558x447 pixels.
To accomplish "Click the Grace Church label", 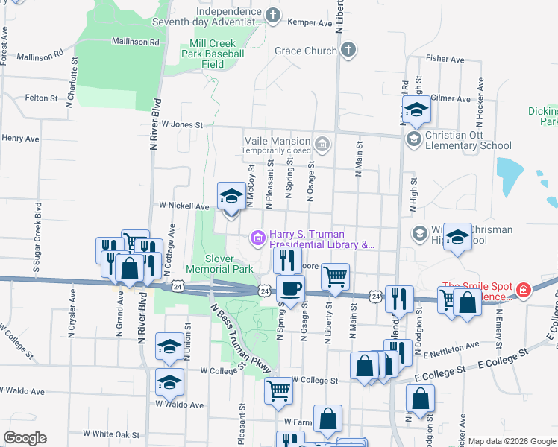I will [x=306, y=51].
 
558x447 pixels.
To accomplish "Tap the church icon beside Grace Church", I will [x=347, y=51].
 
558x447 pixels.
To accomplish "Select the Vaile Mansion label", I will [x=278, y=141].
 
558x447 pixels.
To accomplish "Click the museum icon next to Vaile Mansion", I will [x=322, y=142].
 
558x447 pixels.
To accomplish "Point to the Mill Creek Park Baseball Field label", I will [x=213, y=54].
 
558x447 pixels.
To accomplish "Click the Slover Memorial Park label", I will [x=229, y=263].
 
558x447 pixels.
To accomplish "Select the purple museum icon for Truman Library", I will [x=258, y=238].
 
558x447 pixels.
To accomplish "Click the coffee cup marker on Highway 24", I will [x=290, y=288].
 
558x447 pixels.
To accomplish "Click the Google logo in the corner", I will [x=25, y=438].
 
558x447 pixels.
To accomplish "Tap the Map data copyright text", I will [x=512, y=442].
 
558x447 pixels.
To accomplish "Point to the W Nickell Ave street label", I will [x=184, y=206].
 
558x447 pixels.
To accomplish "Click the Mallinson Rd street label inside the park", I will [x=135, y=42].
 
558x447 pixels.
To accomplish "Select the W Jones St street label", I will [x=182, y=125].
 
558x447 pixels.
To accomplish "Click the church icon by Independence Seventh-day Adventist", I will [x=273, y=15].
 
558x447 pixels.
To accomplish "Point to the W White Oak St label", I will [x=111, y=433].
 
